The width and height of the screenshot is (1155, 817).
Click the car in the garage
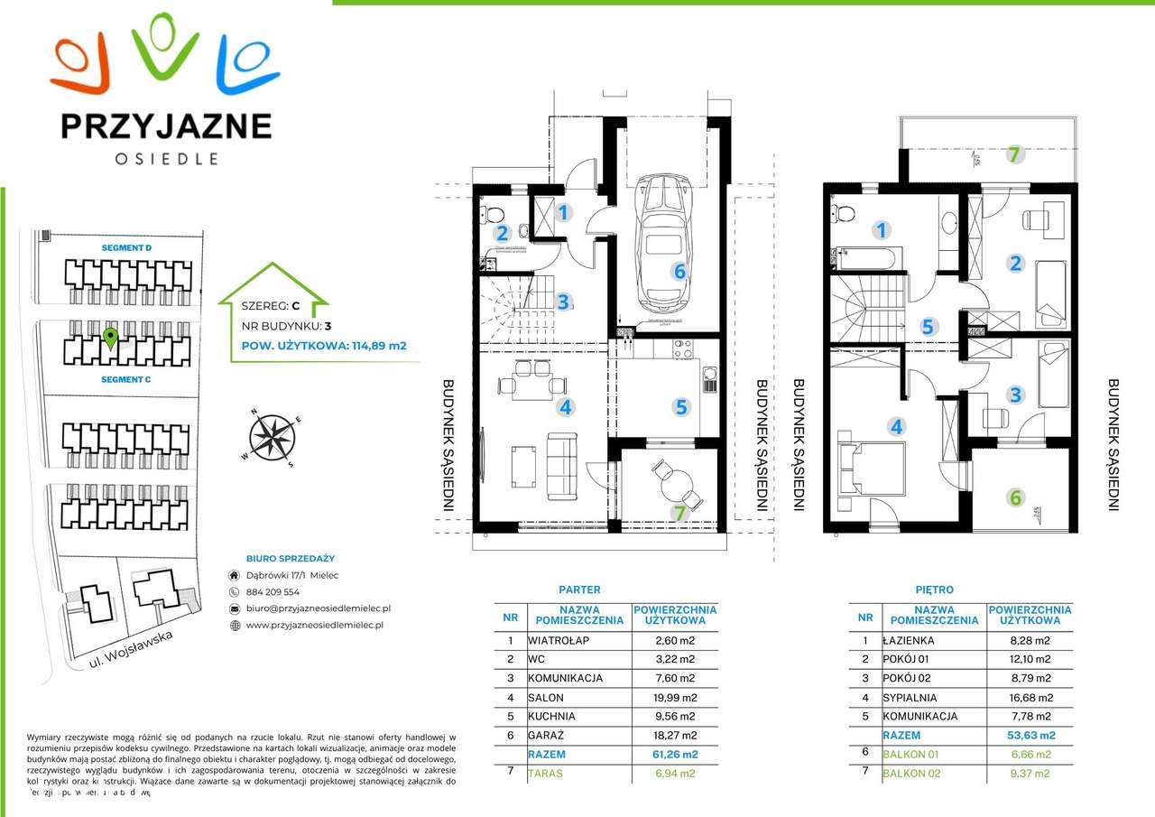[663, 241]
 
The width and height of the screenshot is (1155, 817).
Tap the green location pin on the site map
[110, 339]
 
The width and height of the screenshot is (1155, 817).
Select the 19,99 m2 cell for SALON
[675, 697]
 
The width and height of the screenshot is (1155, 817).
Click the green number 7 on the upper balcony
[1014, 154]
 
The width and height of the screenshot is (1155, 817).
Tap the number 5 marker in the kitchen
[681, 407]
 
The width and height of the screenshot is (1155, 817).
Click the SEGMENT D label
[126, 247]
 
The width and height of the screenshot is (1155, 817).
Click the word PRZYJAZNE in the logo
[166, 125]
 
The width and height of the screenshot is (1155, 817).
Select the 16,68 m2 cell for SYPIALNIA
[1030, 697]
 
